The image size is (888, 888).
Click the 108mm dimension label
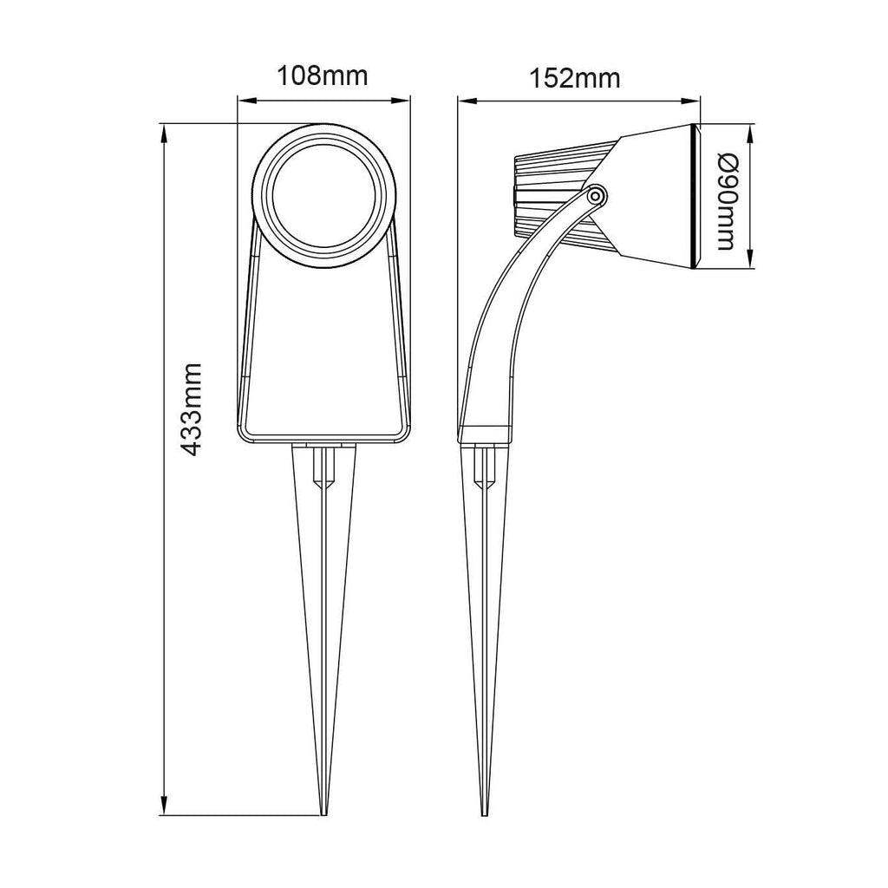click(x=322, y=76)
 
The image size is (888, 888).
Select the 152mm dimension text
click(x=574, y=79)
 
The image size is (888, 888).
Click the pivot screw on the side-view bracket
click(x=595, y=196)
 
